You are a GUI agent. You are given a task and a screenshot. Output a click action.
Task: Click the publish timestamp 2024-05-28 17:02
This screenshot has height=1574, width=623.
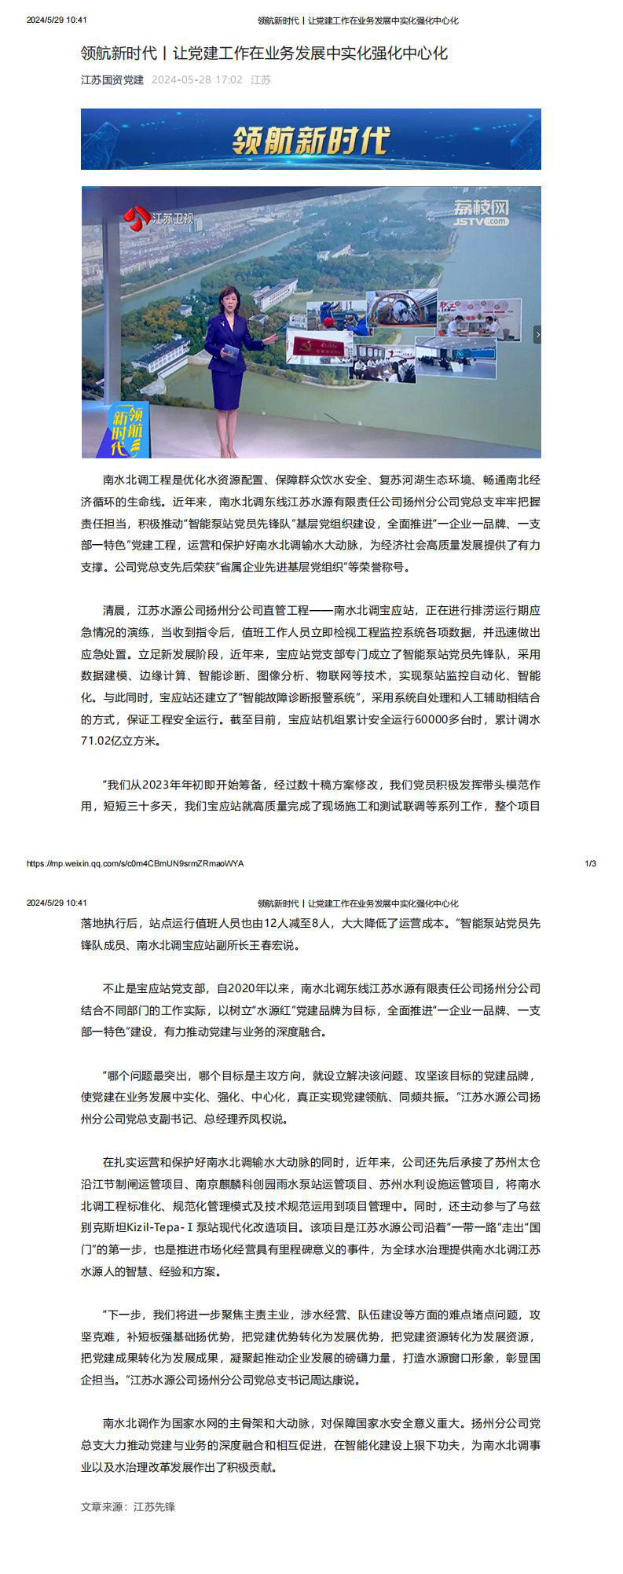pyautogui.click(x=196, y=79)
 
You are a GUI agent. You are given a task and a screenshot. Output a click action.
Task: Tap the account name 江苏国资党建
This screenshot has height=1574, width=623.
pyautogui.click(x=112, y=79)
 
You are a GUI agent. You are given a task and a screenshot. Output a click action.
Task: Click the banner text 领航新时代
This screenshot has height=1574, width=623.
pyautogui.click(x=311, y=140)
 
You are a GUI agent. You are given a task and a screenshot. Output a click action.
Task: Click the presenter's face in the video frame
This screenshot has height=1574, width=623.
pyautogui.click(x=234, y=302)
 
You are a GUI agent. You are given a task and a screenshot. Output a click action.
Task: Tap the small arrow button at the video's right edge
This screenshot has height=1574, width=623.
pyautogui.click(x=537, y=335)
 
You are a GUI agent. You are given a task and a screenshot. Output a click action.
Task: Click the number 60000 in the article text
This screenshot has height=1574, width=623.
pyautogui.click(x=431, y=719)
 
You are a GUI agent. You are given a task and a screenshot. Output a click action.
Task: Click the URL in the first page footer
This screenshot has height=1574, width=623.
pyautogui.click(x=135, y=863)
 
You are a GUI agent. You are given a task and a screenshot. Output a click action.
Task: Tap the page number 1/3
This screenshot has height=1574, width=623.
pyautogui.click(x=591, y=863)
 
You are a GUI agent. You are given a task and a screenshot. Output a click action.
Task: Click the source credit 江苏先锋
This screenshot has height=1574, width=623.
pyautogui.click(x=154, y=1506)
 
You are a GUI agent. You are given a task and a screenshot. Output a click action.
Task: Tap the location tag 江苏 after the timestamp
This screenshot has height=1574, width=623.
pyautogui.click(x=261, y=79)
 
